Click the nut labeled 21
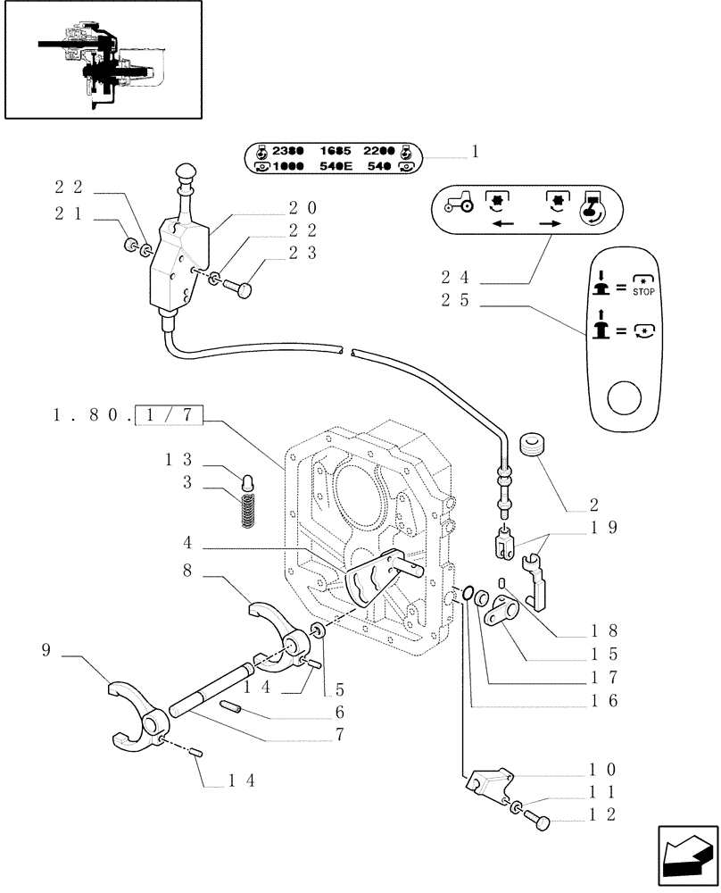(131, 245)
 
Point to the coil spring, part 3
(249, 511)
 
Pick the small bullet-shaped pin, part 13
(250, 483)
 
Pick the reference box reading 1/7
(170, 413)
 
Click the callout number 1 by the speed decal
(475, 152)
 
